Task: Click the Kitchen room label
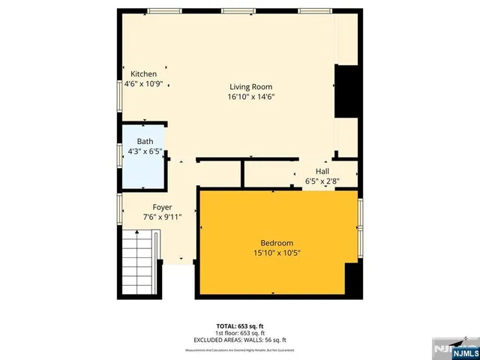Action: click(x=144, y=74)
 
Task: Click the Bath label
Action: click(x=145, y=141)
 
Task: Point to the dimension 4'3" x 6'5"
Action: click(x=145, y=151)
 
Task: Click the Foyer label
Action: click(x=163, y=207)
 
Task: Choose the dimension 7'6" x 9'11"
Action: click(x=163, y=217)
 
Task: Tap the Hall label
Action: click(x=322, y=171)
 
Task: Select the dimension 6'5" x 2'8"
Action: click(x=322, y=181)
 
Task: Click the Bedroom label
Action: click(x=277, y=242)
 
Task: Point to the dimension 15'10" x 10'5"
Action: click(x=277, y=253)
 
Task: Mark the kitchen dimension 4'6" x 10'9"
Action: click(x=144, y=85)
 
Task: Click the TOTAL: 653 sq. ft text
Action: click(x=239, y=325)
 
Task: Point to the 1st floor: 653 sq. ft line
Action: click(x=239, y=332)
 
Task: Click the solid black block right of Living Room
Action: click(x=346, y=91)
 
